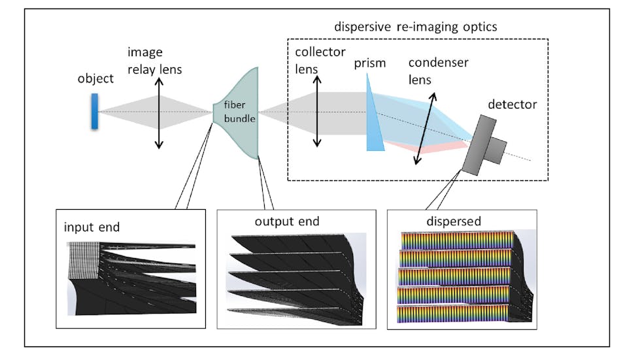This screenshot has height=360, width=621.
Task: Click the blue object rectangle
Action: click(x=95, y=111)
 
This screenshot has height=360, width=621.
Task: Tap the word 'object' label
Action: click(x=95, y=78)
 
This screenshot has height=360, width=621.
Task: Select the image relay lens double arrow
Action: click(x=158, y=113)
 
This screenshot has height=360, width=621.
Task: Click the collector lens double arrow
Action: click(x=317, y=111)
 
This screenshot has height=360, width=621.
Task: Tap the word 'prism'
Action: click(x=371, y=63)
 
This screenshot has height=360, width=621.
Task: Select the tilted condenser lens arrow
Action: click(x=424, y=127)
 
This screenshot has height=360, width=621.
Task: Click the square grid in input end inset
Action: click(x=83, y=259)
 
